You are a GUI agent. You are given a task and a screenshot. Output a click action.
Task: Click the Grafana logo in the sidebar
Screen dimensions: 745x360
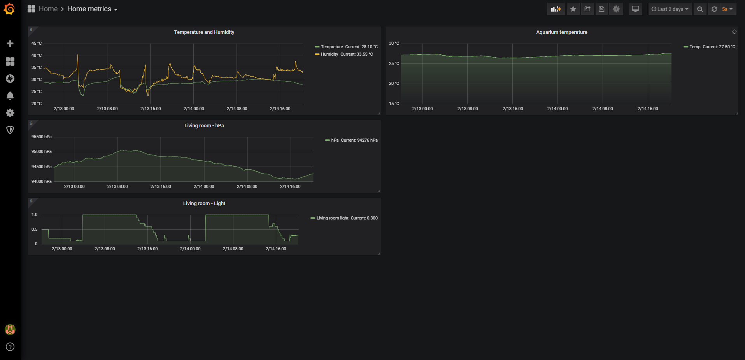point(9,9)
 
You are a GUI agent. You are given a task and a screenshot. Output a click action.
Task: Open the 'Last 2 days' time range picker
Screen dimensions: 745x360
point(670,9)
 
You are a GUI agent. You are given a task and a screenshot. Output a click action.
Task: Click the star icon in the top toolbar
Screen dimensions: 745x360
point(573,9)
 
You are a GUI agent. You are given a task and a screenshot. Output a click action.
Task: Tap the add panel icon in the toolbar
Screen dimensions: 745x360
point(556,9)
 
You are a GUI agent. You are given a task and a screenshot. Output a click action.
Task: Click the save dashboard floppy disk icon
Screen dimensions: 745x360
point(601,9)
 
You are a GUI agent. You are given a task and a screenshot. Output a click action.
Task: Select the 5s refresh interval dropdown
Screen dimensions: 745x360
point(727,9)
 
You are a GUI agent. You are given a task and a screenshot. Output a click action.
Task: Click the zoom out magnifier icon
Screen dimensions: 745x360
point(700,9)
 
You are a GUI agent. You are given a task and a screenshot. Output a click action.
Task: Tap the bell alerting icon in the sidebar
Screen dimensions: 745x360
point(10,96)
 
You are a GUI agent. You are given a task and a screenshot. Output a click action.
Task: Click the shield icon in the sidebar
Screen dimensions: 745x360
point(10,130)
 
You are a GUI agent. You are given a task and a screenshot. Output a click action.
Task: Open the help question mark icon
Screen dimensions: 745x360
point(10,347)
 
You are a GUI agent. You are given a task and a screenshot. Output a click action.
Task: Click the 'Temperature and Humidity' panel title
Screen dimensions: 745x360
point(204,32)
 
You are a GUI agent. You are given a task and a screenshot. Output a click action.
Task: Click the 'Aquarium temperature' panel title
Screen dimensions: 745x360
point(562,32)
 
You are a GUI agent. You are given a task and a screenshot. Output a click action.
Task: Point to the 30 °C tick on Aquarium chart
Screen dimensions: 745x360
point(394,44)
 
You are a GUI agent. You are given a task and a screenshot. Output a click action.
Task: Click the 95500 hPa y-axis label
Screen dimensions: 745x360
point(42,137)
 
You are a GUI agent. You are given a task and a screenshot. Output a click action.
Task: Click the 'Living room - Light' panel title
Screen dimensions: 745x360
point(204,204)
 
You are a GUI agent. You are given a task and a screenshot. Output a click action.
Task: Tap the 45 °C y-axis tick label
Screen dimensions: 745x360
point(37,44)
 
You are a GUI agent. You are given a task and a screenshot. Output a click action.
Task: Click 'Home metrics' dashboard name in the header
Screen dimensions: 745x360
point(89,9)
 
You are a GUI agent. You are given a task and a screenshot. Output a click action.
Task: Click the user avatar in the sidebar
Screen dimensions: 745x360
point(10,330)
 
